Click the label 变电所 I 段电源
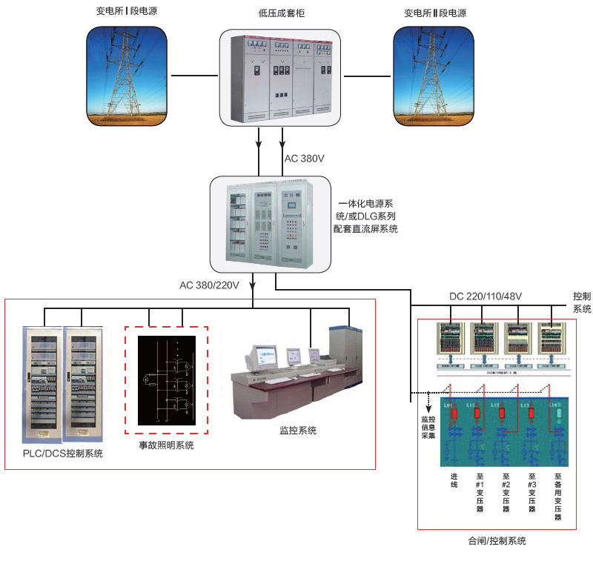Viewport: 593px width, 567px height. [126, 12]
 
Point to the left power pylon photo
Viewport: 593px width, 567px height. [126, 75]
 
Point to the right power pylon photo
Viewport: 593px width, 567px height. [434, 75]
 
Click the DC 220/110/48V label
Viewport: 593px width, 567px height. [486, 297]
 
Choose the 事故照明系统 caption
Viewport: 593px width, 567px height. [167, 445]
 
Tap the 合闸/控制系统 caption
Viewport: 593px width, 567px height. [497, 541]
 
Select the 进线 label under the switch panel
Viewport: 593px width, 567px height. [454, 480]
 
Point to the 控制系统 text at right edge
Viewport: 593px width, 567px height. [582, 302]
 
